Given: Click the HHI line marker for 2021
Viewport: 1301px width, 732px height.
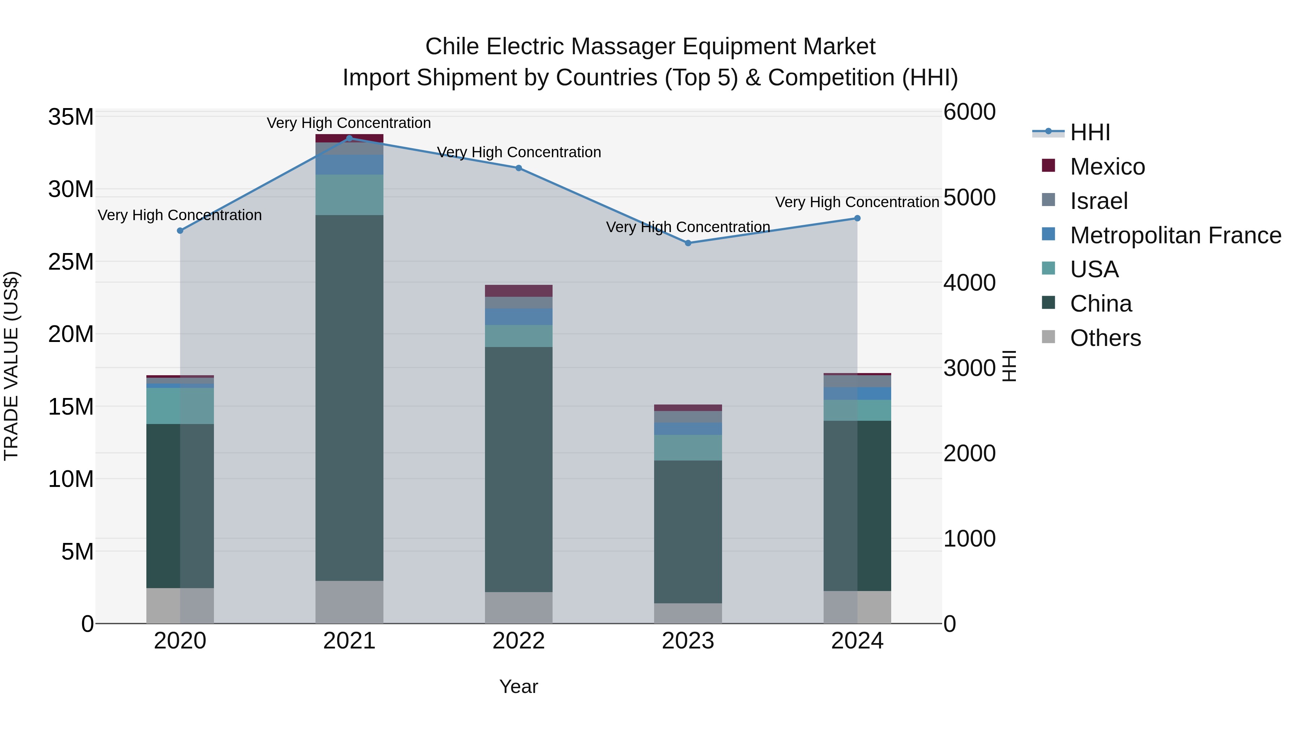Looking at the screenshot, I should coord(349,138).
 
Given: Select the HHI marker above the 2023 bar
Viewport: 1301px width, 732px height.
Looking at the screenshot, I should coord(688,243).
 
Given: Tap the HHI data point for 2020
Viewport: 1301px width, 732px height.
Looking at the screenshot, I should coord(180,231).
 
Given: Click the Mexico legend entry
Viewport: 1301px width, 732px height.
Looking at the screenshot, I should coord(1107,167).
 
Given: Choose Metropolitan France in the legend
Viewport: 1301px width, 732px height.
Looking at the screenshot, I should coord(1175,235).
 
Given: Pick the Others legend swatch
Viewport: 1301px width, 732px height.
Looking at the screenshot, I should coord(1048,337).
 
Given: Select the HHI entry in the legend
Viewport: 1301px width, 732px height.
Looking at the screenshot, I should coord(1090,132).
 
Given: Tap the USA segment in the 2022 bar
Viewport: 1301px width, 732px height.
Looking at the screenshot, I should coord(519,335).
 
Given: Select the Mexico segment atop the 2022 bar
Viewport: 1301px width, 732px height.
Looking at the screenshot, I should coord(519,291).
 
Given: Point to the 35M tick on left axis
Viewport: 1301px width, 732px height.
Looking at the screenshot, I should coord(71,117).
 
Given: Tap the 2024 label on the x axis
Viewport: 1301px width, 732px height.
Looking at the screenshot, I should coord(857,641).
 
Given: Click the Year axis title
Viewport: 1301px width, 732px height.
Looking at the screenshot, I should coord(519,686).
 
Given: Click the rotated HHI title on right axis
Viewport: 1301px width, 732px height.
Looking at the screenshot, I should coord(1009,366).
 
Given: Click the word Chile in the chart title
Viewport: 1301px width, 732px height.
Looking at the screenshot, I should coord(452,47).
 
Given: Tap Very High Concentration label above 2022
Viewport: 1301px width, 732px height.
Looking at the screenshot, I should coord(519,152).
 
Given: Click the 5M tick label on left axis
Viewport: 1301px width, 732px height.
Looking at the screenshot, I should coord(77,552).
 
